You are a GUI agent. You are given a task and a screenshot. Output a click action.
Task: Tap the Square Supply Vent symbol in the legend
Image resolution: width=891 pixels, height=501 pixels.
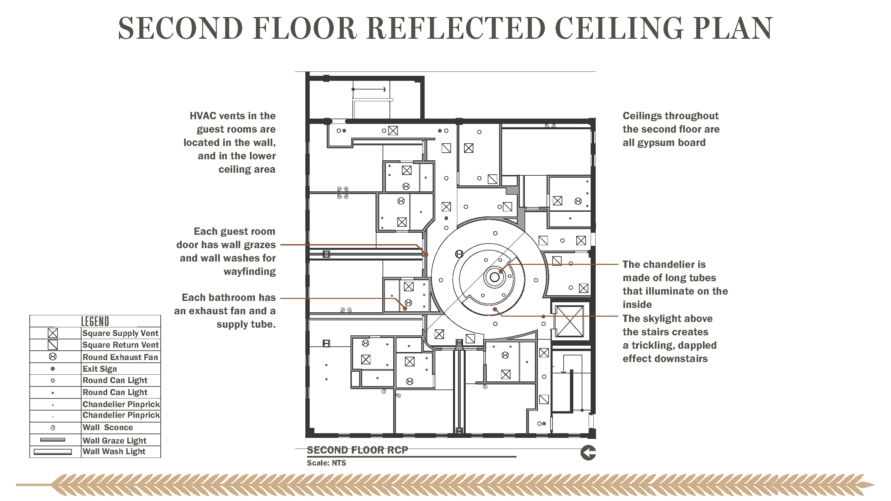point(52,333)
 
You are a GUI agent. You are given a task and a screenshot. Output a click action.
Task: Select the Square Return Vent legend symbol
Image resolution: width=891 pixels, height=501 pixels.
point(52,345)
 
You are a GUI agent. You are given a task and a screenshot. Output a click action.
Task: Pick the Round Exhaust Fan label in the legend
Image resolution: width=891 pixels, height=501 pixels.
point(120,357)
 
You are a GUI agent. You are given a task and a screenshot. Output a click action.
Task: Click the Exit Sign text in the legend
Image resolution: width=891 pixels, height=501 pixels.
point(100,369)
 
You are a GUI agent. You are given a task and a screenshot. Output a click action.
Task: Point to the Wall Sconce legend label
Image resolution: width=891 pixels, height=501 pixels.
point(108,428)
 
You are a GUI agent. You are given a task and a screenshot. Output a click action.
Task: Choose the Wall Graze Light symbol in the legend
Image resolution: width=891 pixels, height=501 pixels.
point(52,440)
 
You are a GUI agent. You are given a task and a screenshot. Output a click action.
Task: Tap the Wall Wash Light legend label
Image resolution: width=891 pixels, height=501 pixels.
point(114,452)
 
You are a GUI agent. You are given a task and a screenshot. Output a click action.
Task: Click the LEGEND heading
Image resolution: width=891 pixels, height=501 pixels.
point(95,321)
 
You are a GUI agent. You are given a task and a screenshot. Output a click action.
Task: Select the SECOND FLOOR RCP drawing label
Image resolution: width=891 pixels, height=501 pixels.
point(357,450)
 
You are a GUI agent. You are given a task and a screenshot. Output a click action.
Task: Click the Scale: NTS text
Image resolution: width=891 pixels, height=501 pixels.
point(326,463)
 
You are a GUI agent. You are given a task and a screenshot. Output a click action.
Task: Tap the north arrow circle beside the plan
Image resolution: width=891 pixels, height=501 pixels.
point(588,453)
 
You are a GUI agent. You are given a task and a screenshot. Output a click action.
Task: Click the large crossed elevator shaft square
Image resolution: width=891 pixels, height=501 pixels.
point(569,321)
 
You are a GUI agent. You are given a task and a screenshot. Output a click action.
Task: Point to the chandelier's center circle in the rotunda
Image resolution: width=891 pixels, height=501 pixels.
point(495,277)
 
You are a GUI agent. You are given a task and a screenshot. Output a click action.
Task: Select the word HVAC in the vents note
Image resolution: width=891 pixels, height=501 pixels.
point(203,116)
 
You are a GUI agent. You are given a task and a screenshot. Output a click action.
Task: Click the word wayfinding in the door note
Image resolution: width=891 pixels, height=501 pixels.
point(250,272)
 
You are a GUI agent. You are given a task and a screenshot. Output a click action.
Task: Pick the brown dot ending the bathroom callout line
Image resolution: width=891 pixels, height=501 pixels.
point(405,308)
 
